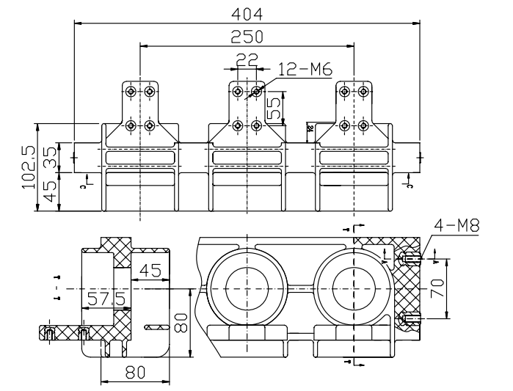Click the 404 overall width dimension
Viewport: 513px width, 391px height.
click(247, 13)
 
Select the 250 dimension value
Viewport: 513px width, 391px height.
click(247, 37)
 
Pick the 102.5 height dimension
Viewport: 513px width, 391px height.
click(29, 168)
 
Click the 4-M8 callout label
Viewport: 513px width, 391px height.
click(456, 224)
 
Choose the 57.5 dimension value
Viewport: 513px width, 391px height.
click(107, 299)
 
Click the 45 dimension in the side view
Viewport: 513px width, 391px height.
click(152, 271)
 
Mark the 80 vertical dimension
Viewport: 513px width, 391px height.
click(181, 320)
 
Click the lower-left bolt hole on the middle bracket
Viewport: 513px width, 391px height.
click(238, 125)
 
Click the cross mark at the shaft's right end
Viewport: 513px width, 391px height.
click(420, 157)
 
